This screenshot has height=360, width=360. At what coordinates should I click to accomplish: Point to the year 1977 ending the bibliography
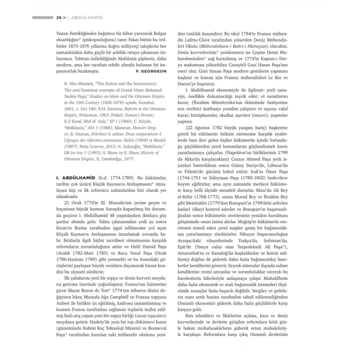point(128,159)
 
